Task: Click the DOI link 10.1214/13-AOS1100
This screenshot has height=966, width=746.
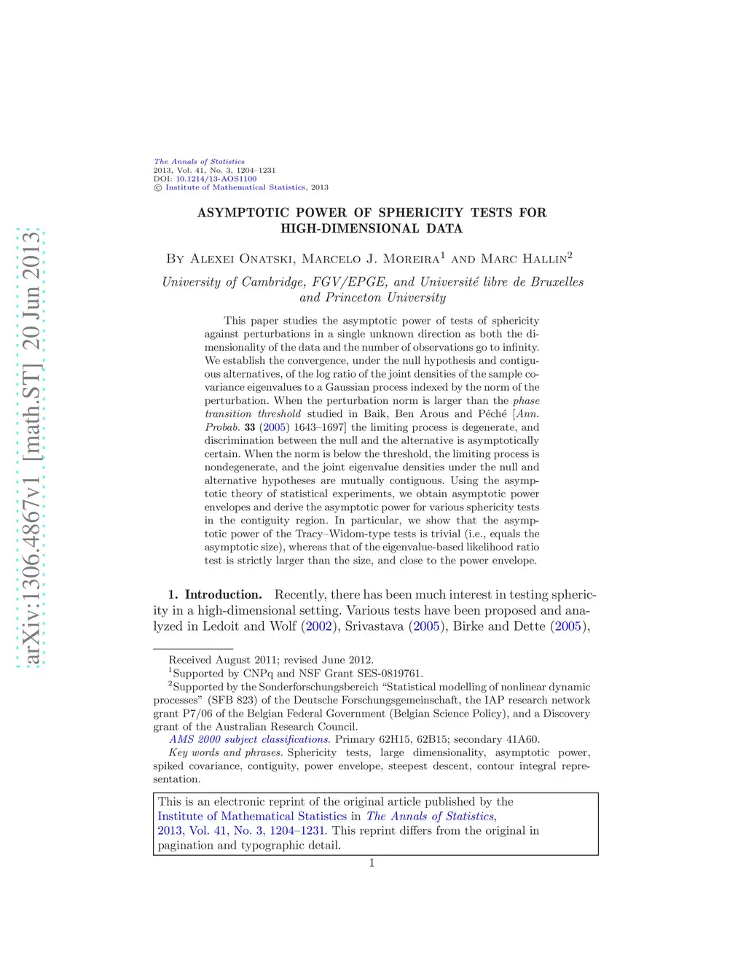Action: pos(216,179)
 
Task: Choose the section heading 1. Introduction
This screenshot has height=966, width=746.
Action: pos(215,595)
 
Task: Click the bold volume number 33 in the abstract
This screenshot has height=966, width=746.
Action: pos(250,427)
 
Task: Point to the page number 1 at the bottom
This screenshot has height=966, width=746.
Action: pos(372,863)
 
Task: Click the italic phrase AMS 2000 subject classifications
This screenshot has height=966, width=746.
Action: pos(249,739)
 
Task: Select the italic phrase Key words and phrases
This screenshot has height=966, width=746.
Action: pos(225,752)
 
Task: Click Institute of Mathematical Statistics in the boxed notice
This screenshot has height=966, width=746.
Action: pos(252,817)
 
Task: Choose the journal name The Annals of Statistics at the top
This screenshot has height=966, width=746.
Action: pos(199,162)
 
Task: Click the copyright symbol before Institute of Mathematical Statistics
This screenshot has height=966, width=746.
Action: pos(157,188)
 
